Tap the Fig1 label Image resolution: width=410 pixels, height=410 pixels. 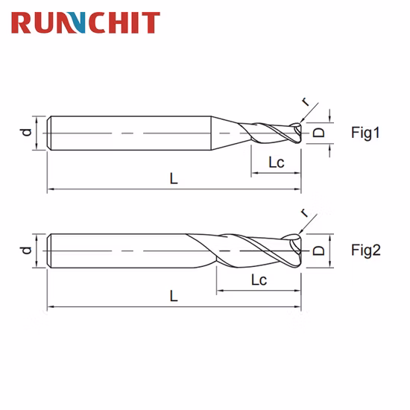pos(365,133)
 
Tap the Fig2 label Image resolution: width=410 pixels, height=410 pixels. pos(365,250)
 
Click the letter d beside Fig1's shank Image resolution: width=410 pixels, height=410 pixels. pos(25,133)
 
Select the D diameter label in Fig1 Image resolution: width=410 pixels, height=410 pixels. pos(318,133)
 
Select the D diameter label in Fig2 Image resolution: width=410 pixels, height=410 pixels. pos(318,250)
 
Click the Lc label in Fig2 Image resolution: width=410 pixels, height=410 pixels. pos(259,280)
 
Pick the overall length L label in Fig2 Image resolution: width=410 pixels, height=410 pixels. pos(173,296)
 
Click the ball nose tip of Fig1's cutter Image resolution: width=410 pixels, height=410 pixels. pos(300,133)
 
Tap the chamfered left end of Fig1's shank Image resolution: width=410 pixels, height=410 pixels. pos(50,133)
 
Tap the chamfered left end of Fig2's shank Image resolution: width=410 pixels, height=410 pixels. pos(50,250)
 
